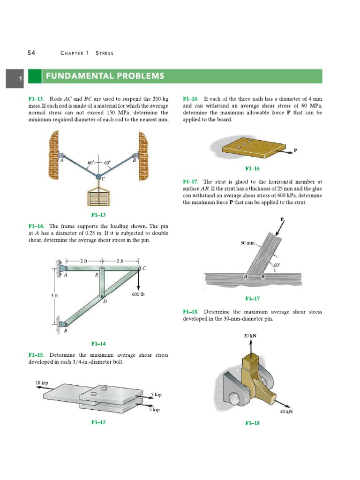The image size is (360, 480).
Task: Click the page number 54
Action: tap(31, 53)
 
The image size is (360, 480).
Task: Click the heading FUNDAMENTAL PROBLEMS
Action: tap(104, 76)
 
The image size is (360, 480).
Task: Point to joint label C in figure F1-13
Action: tap(103, 179)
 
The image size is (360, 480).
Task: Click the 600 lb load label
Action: tap(139, 295)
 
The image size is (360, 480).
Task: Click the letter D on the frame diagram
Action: tap(105, 302)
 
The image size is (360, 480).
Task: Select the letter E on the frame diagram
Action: tap(97, 275)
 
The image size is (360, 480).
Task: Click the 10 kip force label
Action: tap(42, 383)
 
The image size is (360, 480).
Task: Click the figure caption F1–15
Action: tap(98, 422)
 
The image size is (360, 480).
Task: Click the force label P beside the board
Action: tap(295, 150)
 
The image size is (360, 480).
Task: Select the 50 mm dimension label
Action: tap(247, 243)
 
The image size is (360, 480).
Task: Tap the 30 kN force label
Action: tap(250, 336)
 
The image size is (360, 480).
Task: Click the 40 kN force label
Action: tap(286, 412)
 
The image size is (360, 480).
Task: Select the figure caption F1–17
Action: tap(252, 299)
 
